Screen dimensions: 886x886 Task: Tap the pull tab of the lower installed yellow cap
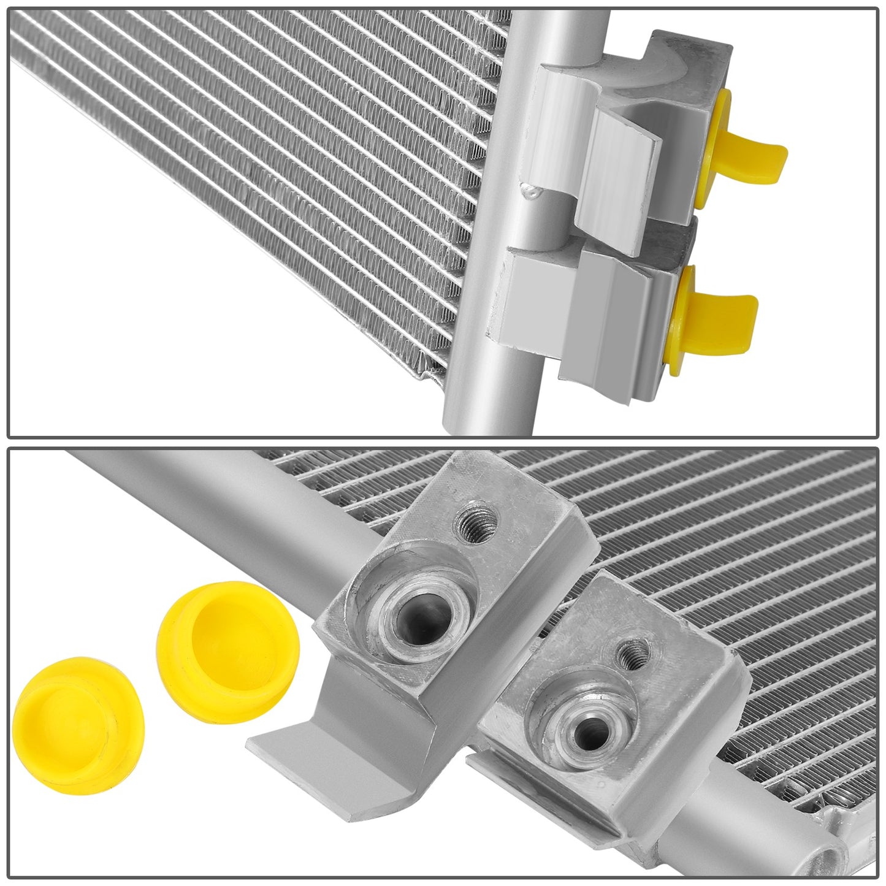coord(736,313)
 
